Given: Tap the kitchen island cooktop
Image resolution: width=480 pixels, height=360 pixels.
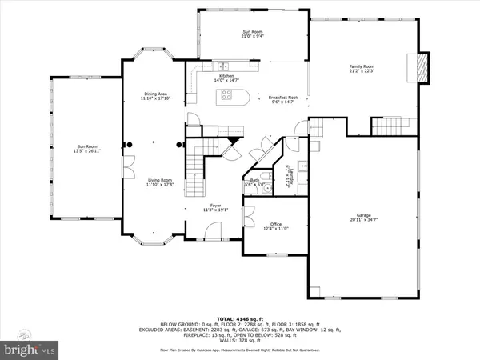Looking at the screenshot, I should click(x=226, y=96).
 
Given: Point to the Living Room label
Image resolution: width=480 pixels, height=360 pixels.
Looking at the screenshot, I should click(x=159, y=183).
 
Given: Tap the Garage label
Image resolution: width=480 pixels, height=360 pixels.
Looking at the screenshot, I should click(x=363, y=217).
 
